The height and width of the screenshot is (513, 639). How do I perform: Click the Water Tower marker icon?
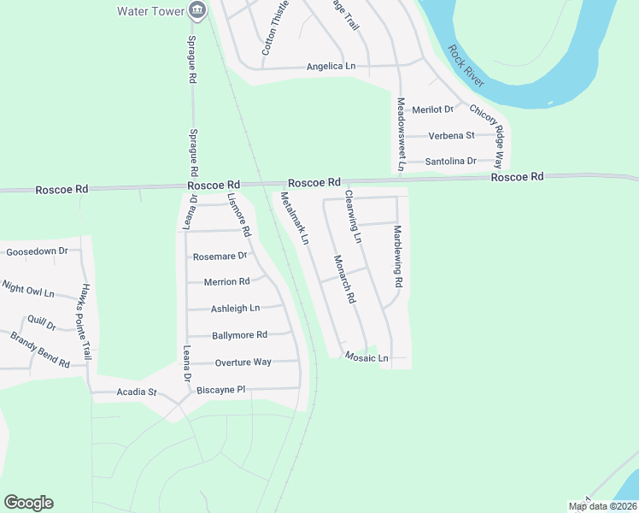[198, 10]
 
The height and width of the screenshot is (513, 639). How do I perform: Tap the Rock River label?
[466, 66]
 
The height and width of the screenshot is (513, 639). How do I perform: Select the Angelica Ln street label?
[331, 66]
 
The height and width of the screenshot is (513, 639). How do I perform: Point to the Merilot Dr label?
[432, 109]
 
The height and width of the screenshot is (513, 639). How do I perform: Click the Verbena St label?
[451, 135]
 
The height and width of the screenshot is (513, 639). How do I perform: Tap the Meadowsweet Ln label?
[400, 133]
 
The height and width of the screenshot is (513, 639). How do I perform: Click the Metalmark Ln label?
[294, 219]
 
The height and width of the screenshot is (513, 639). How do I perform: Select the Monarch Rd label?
[344, 280]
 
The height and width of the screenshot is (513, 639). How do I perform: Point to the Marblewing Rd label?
[397, 256]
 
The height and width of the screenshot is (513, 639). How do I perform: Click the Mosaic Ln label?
[366, 357]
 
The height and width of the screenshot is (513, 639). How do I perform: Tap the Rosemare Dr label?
[220, 256]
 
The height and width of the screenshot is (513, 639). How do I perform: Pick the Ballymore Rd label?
[239, 335]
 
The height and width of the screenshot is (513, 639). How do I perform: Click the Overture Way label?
[243, 362]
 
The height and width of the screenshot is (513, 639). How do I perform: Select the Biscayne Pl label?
[220, 390]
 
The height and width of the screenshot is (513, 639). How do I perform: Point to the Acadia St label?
[137, 392]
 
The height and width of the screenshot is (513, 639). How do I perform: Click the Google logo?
[28, 503]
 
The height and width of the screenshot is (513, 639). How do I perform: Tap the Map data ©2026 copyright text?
[602, 507]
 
